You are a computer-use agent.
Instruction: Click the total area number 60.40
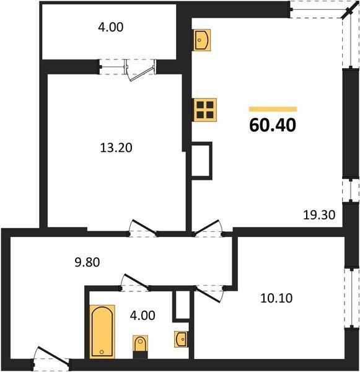(273, 125)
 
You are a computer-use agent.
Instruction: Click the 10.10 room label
(276, 298)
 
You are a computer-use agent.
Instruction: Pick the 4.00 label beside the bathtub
(143, 315)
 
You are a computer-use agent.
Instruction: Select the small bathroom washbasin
(182, 339)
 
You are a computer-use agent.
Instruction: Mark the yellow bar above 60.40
(273, 109)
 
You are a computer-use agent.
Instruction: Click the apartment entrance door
(51, 359)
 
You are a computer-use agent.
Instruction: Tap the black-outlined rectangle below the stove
(201, 161)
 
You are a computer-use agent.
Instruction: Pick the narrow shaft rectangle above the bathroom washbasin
(181, 305)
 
